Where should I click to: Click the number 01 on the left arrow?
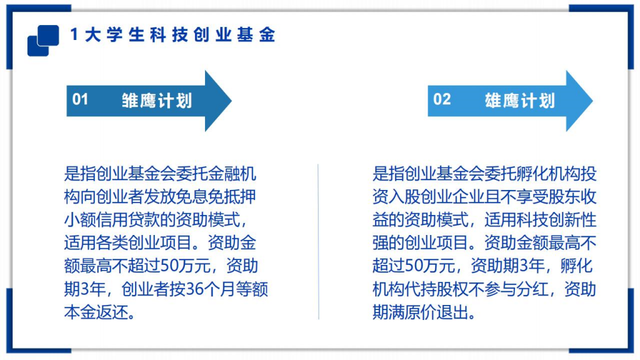(x=80, y=99)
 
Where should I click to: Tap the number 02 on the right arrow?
(x=442, y=99)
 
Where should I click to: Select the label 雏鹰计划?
(x=157, y=101)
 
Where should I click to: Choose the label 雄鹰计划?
(x=519, y=101)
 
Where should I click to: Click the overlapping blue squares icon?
(x=43, y=41)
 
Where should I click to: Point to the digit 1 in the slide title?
(x=74, y=35)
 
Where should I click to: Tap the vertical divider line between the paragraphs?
(x=318, y=242)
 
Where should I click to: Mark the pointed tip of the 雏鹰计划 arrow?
(x=231, y=101)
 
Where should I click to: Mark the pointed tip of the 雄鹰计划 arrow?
(x=592, y=101)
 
